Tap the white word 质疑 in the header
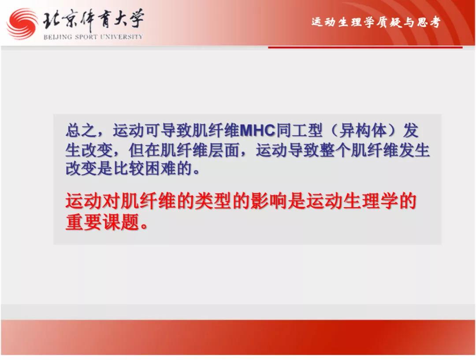(x=389, y=22)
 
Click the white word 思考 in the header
(x=428, y=22)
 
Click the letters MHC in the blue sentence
(x=257, y=130)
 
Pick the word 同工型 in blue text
(x=299, y=130)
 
